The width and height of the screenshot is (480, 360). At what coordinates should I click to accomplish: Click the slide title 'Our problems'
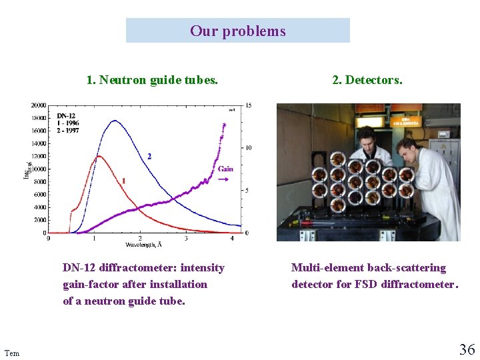237,31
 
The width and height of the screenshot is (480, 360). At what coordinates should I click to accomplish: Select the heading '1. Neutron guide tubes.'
152,80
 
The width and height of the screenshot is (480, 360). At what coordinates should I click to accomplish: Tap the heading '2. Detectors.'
367,80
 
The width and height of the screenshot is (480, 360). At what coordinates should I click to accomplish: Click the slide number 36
467,349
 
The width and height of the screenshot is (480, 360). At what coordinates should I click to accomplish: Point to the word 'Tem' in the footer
11,353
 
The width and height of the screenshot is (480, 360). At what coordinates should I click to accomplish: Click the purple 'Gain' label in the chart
225,169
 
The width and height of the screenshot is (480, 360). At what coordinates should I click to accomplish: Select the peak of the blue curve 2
115,121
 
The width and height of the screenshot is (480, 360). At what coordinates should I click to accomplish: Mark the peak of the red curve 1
98,157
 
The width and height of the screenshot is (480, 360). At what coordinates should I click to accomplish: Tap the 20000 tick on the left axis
38,105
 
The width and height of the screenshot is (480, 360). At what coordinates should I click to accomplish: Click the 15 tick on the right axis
249,105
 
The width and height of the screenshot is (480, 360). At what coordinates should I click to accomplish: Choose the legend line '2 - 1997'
68,131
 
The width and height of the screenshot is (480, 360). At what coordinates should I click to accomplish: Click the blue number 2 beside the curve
149,156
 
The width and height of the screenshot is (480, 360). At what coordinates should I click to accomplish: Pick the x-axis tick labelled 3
186,239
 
